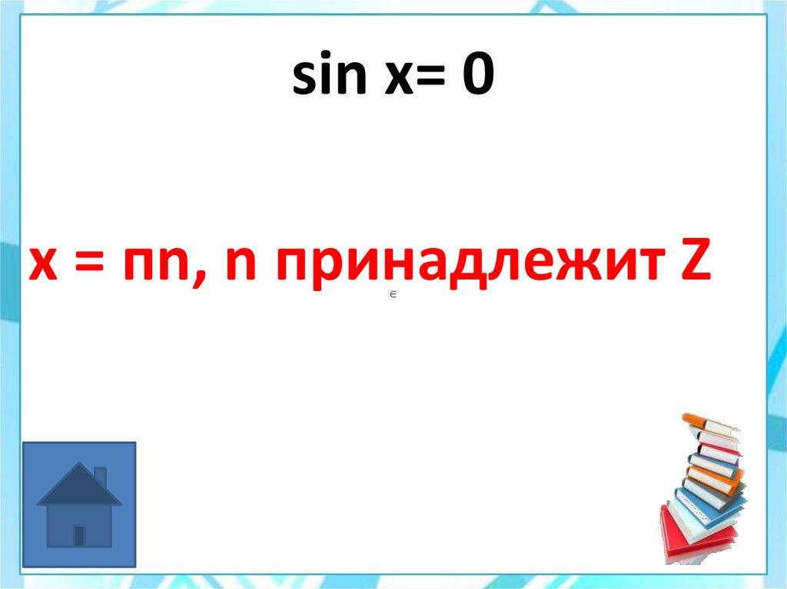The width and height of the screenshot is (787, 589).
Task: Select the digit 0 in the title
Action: pyautogui.click(x=477, y=77)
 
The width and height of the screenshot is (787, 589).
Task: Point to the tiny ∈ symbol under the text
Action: pyautogui.click(x=392, y=295)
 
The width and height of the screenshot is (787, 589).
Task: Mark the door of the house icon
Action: pyautogui.click(x=79, y=534)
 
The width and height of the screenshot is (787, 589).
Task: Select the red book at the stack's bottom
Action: pyautogui.click(x=689, y=541)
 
